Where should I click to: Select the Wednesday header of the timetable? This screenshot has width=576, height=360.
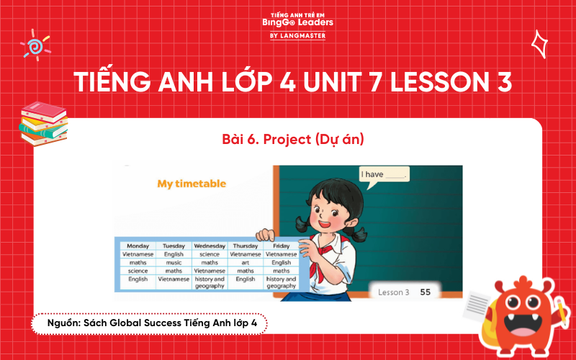click(210, 246)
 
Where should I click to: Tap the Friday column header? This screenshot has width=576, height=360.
click(281, 246)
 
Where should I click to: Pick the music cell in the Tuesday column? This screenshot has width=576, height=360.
click(174, 263)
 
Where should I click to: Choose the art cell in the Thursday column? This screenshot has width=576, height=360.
click(246, 263)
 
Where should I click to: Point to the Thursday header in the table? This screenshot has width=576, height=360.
click(246, 246)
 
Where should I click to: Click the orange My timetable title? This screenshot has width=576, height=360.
click(192, 184)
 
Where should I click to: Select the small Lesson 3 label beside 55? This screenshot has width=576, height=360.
click(394, 292)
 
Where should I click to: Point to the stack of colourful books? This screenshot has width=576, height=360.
click(42, 123)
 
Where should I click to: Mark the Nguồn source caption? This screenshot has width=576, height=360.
click(148, 324)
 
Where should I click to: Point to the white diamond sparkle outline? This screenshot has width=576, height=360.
click(538, 44)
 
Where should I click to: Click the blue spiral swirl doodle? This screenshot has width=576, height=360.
click(35, 45)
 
